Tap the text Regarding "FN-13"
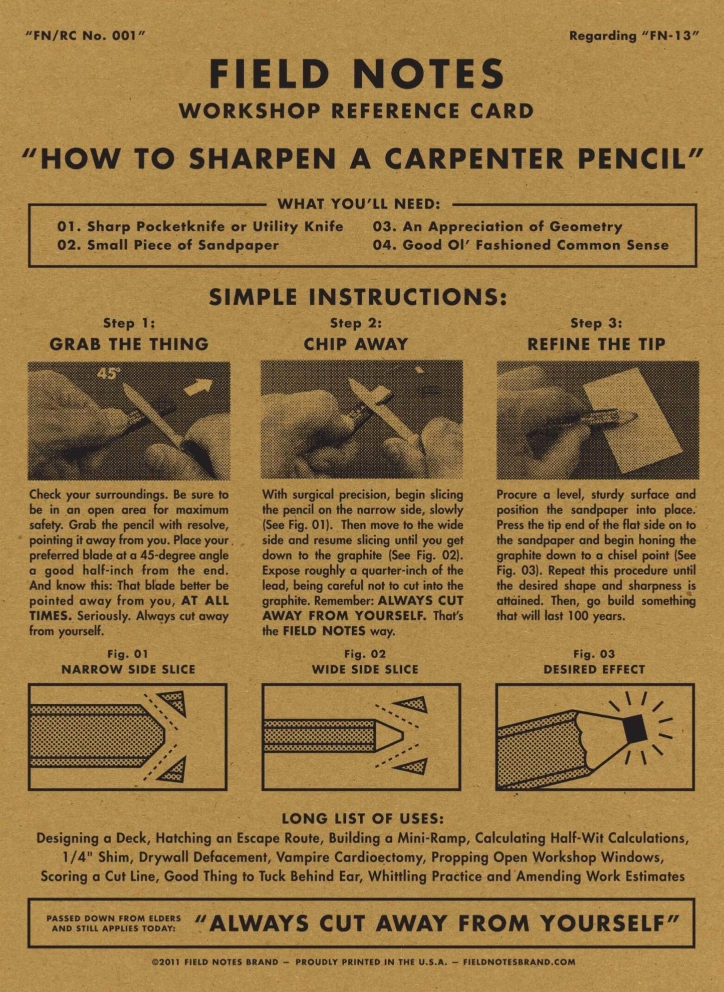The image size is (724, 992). click(633, 36)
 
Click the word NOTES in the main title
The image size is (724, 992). click(428, 74)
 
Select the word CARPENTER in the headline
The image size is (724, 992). click(475, 159)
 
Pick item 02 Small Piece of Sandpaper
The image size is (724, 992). click(168, 245)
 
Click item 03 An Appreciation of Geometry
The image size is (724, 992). click(497, 227)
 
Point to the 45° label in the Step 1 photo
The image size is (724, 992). click(108, 373)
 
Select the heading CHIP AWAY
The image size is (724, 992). click(356, 344)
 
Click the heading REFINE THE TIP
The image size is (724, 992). click(596, 344)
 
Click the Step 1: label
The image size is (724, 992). click(129, 323)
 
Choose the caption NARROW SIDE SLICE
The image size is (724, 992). click(128, 670)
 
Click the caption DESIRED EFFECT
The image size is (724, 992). click(594, 670)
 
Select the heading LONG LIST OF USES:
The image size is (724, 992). click(362, 819)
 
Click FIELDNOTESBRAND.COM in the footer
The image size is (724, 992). click(519, 961)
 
